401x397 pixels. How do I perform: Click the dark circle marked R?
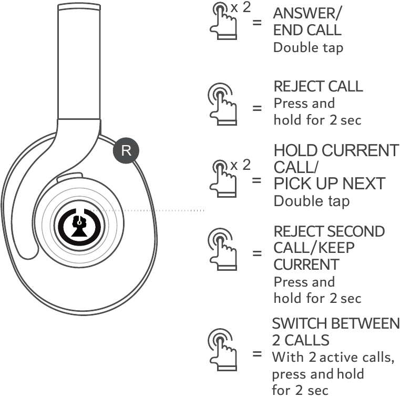pos(126,150)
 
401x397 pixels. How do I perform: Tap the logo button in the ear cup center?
pos(79,226)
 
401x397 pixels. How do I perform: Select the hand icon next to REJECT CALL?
pos(222,104)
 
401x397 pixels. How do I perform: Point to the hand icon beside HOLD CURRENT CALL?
pos(223,178)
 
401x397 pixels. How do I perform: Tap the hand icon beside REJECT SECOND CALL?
pos(222,249)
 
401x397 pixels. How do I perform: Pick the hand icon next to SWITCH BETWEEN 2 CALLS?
pos(222,350)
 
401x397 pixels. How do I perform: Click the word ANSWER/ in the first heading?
pos(307,13)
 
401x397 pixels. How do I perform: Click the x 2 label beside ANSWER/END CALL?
pos(241,7)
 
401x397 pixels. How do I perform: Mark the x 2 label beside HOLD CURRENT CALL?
pos(241,165)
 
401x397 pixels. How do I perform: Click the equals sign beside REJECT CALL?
pos(257,108)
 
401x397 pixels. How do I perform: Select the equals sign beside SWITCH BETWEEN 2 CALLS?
pos(257,354)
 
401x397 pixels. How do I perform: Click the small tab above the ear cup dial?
pos(70,177)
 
